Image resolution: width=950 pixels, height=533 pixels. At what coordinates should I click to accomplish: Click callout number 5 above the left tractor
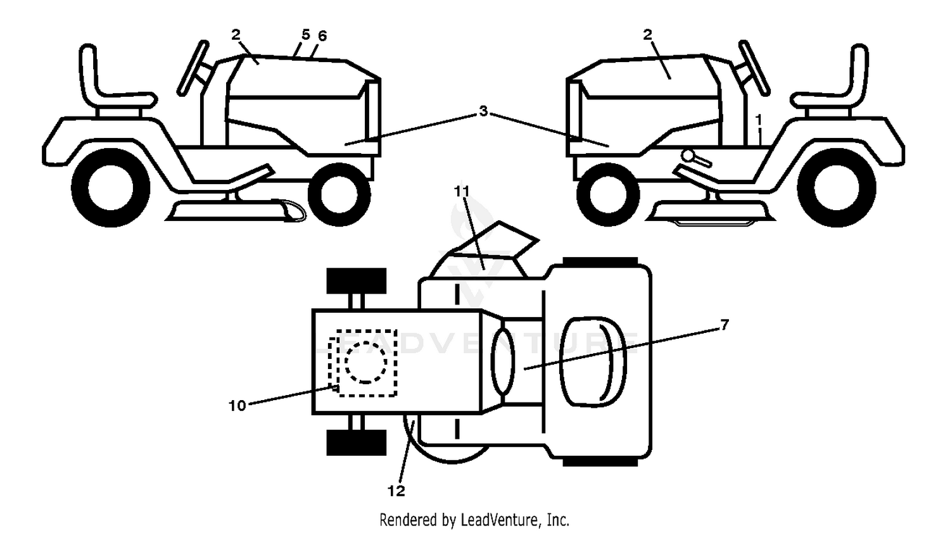pyautogui.click(x=306, y=34)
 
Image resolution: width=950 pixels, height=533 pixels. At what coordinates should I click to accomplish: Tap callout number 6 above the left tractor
pyautogui.click(x=322, y=36)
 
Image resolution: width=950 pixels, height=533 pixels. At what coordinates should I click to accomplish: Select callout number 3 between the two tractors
pyautogui.click(x=483, y=111)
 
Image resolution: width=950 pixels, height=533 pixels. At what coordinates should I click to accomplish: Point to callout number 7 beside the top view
pyautogui.click(x=725, y=325)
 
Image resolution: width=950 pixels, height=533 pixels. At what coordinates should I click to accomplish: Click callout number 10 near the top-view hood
pyautogui.click(x=237, y=406)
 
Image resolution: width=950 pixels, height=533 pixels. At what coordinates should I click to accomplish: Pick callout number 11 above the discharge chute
pyautogui.click(x=462, y=192)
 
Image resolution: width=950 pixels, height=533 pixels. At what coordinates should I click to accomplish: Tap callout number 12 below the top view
pyautogui.click(x=396, y=491)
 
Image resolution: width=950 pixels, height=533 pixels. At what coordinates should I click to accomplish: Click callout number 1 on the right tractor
pyautogui.click(x=759, y=120)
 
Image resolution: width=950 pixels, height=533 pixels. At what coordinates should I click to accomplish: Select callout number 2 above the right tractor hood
pyautogui.click(x=648, y=35)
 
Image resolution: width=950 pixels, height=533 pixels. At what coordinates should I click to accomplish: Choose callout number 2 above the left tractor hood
pyautogui.click(x=236, y=35)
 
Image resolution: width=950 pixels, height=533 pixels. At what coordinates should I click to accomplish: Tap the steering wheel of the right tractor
pyautogui.click(x=754, y=68)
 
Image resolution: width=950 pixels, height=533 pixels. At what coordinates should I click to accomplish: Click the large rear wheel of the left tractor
pyautogui.click(x=111, y=188)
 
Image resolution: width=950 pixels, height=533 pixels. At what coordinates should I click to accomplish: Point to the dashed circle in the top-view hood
pyautogui.click(x=366, y=363)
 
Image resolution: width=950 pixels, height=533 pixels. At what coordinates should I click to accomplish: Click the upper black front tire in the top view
pyautogui.click(x=356, y=280)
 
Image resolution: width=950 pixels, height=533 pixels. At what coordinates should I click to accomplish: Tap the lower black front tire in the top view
pyautogui.click(x=356, y=442)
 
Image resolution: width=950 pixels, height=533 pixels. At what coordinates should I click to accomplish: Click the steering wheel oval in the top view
pyautogui.click(x=503, y=361)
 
